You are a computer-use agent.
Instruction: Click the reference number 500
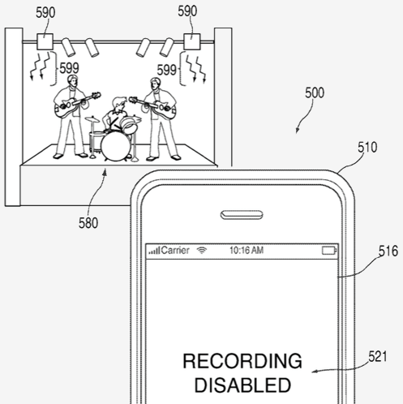coord(315,93)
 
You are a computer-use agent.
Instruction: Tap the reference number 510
coord(367,148)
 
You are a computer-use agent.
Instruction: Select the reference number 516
coord(388,251)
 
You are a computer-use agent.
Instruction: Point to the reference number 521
coord(378,356)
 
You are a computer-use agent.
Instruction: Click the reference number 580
coord(88,223)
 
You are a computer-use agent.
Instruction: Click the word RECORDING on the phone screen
coord(242,361)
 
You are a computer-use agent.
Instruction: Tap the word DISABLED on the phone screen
coord(242,385)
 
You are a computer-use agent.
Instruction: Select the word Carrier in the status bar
coord(175,251)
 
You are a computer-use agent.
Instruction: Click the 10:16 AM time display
coord(247,251)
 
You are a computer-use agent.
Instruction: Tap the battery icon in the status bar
coord(329,251)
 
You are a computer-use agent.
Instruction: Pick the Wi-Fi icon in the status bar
coord(202,251)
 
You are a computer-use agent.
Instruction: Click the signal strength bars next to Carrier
coord(154,251)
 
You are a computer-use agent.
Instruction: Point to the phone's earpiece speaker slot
coord(242,215)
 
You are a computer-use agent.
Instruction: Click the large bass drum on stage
coord(116,146)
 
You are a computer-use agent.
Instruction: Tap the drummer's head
coord(119,103)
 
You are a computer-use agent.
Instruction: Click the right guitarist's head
coord(155,84)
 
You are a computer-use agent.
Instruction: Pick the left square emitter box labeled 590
coord(45,41)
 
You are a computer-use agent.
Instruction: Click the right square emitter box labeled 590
coord(192,41)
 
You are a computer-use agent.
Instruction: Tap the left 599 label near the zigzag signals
coord(69,68)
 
